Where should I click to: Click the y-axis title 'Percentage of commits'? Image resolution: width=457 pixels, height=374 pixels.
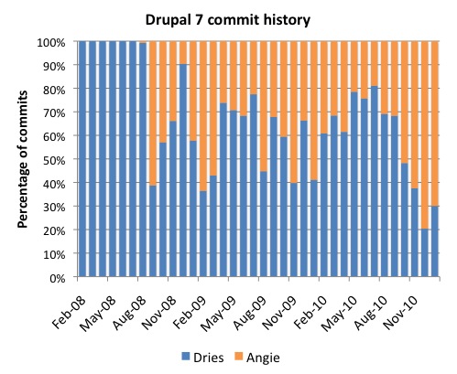pos(21,157)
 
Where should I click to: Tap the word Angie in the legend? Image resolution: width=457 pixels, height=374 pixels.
pos(278,354)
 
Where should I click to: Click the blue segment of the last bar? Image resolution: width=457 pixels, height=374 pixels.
pos(434,241)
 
